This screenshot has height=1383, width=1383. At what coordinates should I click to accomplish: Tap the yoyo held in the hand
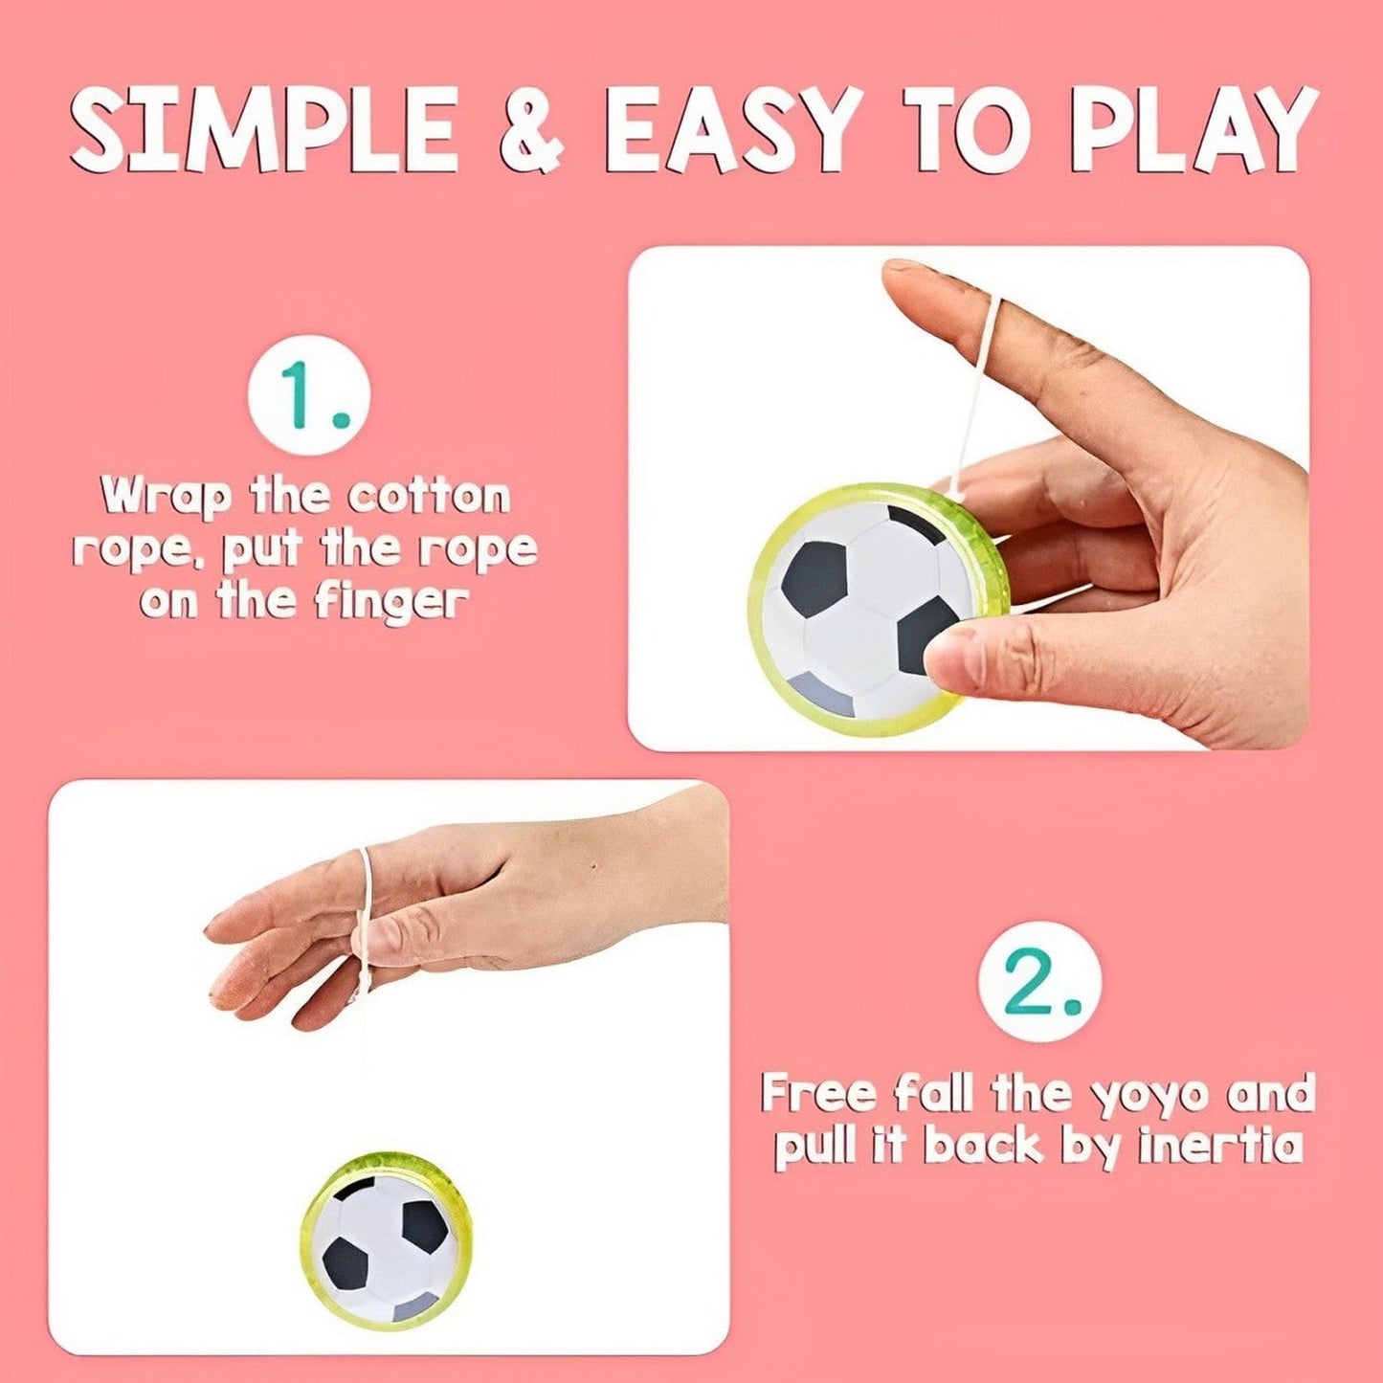click(880, 610)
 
